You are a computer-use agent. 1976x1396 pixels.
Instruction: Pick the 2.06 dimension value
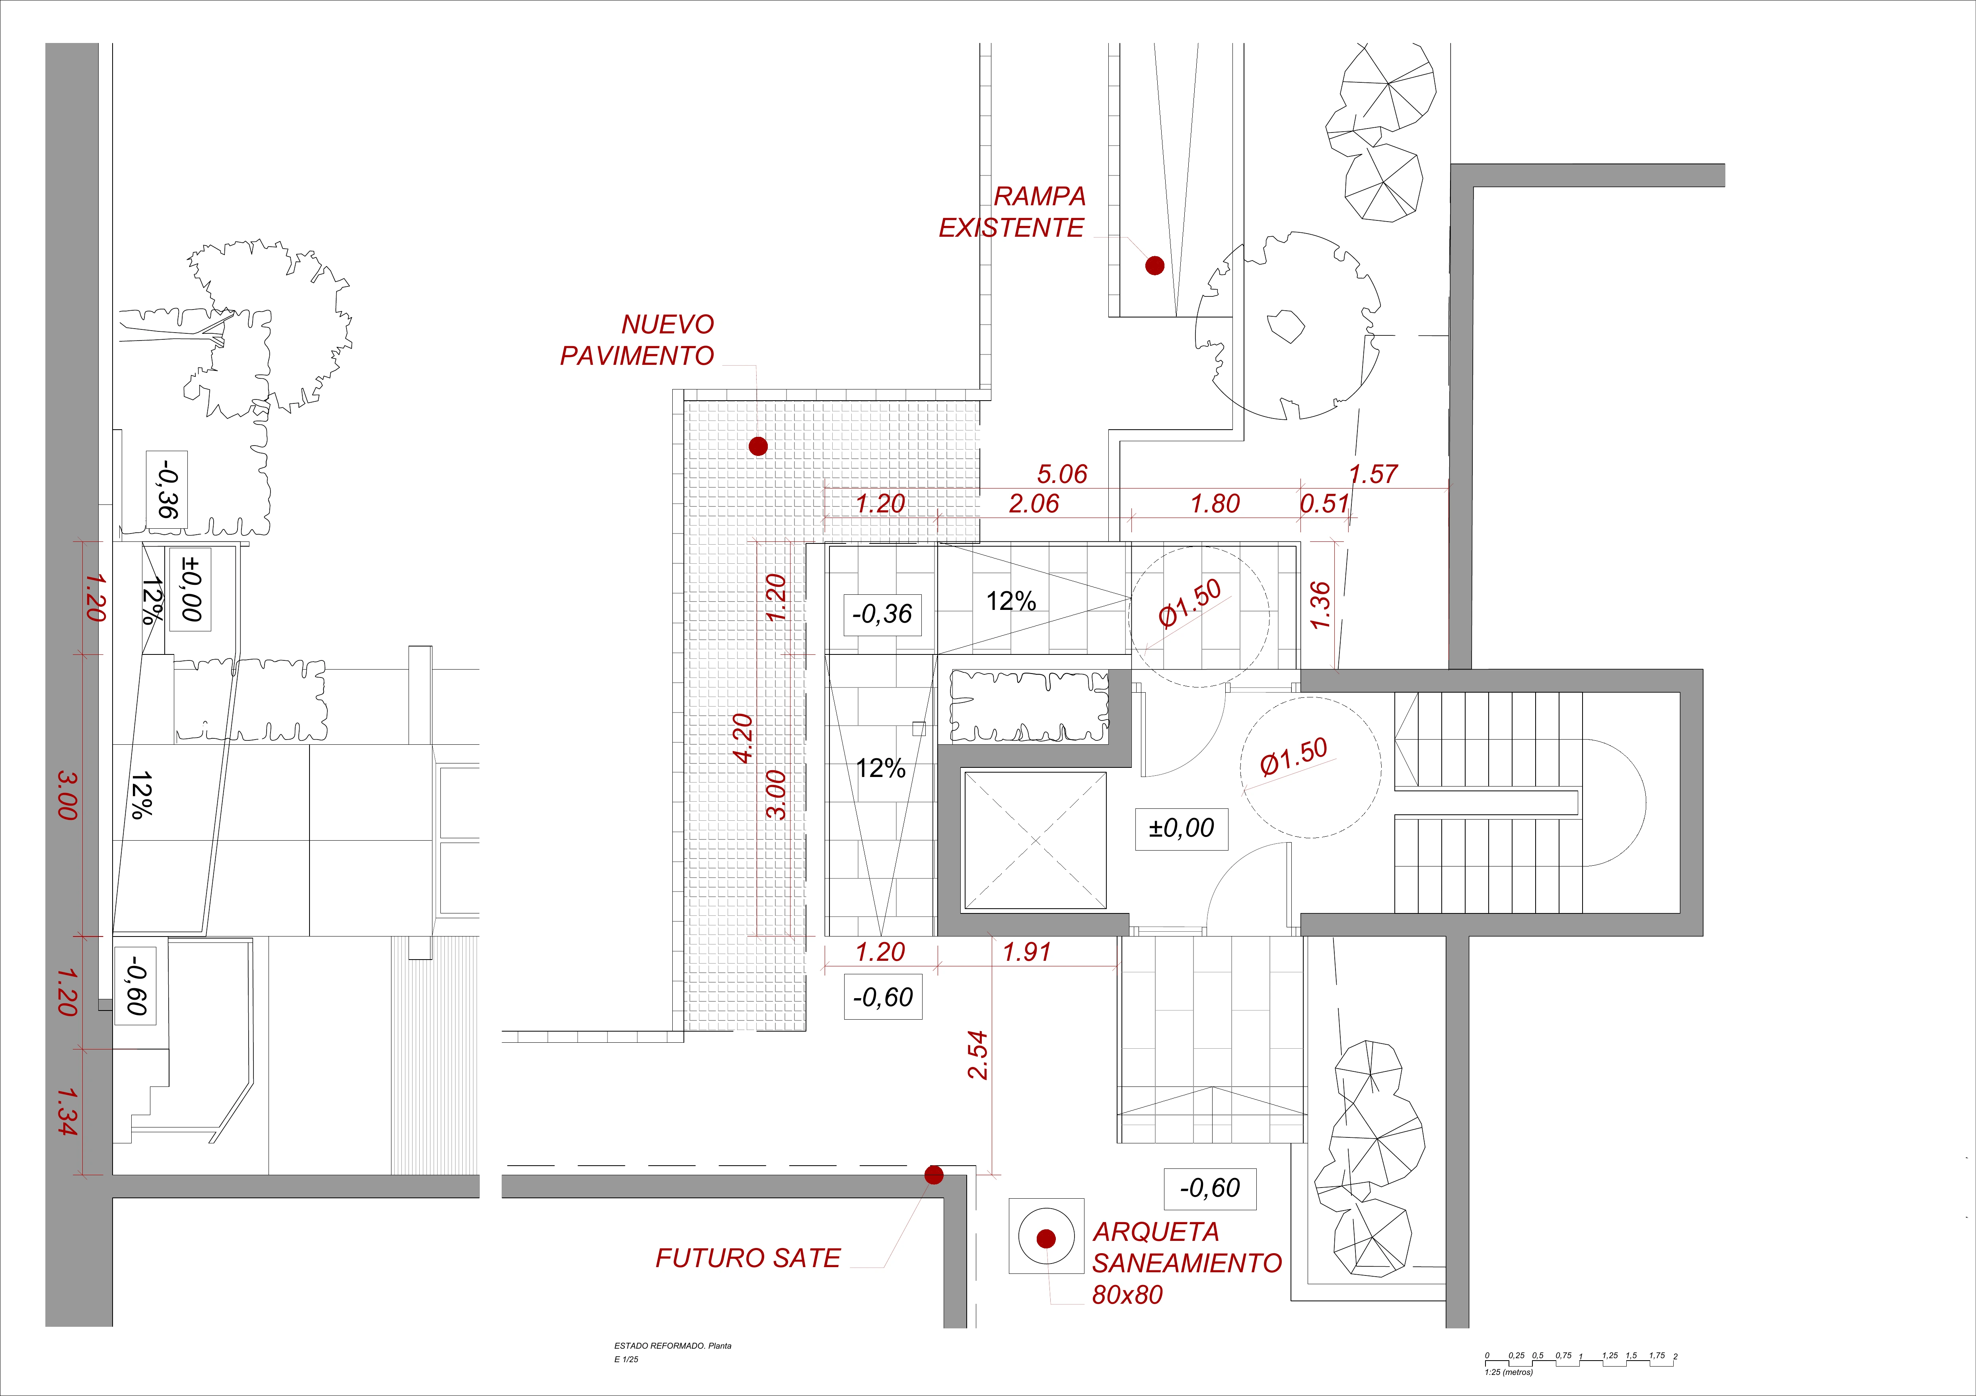coord(1034,504)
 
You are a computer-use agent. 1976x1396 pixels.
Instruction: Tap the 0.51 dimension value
coord(1324,504)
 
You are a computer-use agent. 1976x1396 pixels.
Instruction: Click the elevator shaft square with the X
coord(1035,840)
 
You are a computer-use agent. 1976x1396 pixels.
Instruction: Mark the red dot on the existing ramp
coord(1155,266)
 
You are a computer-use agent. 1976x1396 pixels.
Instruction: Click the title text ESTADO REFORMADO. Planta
coord(672,1345)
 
